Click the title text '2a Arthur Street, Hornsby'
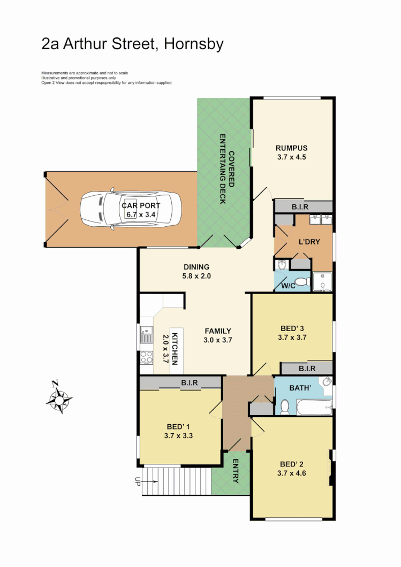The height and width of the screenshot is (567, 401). point(132,44)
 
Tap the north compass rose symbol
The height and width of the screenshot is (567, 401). point(60,399)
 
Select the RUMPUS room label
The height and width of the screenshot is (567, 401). point(292,148)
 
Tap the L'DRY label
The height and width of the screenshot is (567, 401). point(309,242)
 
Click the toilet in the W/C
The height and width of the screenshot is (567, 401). point(301,281)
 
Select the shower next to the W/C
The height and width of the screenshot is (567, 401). point(322,281)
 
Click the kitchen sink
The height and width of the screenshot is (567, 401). point(146,337)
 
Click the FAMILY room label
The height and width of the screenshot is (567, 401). point(217,331)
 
